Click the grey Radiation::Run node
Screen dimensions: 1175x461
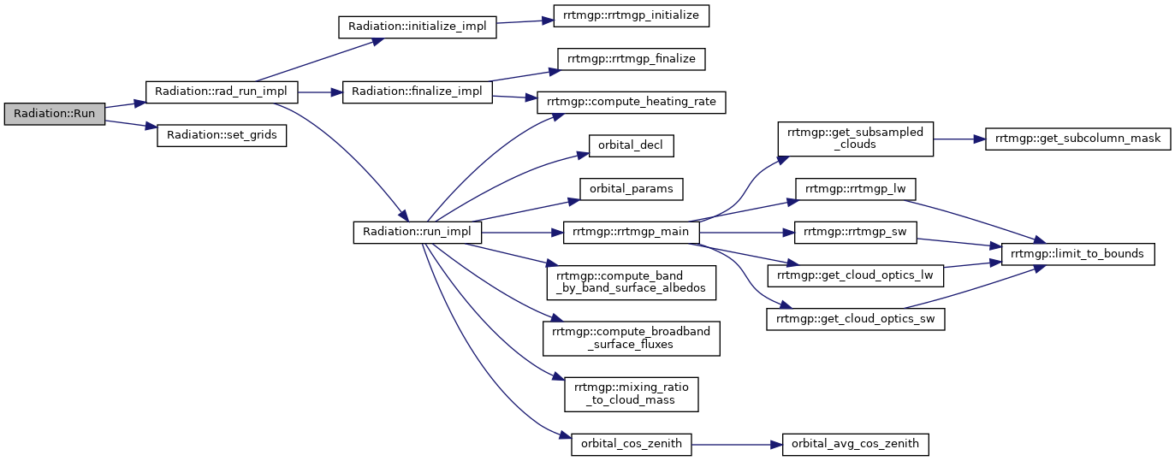click(x=55, y=114)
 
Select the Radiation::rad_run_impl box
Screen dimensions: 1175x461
click(x=222, y=92)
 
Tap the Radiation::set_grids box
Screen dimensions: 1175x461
click(x=222, y=135)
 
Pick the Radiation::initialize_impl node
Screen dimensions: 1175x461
click(x=417, y=27)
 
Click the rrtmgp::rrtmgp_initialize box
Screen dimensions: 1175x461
click(x=631, y=15)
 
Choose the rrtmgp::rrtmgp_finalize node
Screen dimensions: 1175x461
click(x=631, y=59)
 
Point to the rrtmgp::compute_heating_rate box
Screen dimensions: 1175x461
click(x=631, y=103)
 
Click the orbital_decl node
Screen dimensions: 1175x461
click(x=631, y=145)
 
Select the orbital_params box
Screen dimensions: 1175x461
click(x=631, y=189)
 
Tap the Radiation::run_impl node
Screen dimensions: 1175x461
click(x=417, y=233)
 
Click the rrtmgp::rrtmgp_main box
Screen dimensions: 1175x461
click(x=631, y=233)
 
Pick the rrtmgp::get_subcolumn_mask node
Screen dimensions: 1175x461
click(x=1077, y=139)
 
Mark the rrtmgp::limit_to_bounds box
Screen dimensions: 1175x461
click(x=1077, y=254)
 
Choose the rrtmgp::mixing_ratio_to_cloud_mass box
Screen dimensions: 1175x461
click(x=631, y=394)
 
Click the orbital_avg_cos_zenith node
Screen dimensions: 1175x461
click(x=855, y=445)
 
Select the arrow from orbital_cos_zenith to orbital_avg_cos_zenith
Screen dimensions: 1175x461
click(x=737, y=445)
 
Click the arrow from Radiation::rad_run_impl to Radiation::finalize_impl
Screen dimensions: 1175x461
click(x=320, y=92)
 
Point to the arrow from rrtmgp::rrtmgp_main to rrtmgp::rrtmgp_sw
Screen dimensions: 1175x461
click(x=746, y=233)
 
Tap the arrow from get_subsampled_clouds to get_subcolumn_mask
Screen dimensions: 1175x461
click(x=958, y=139)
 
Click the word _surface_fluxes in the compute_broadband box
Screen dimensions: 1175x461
click(x=631, y=345)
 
